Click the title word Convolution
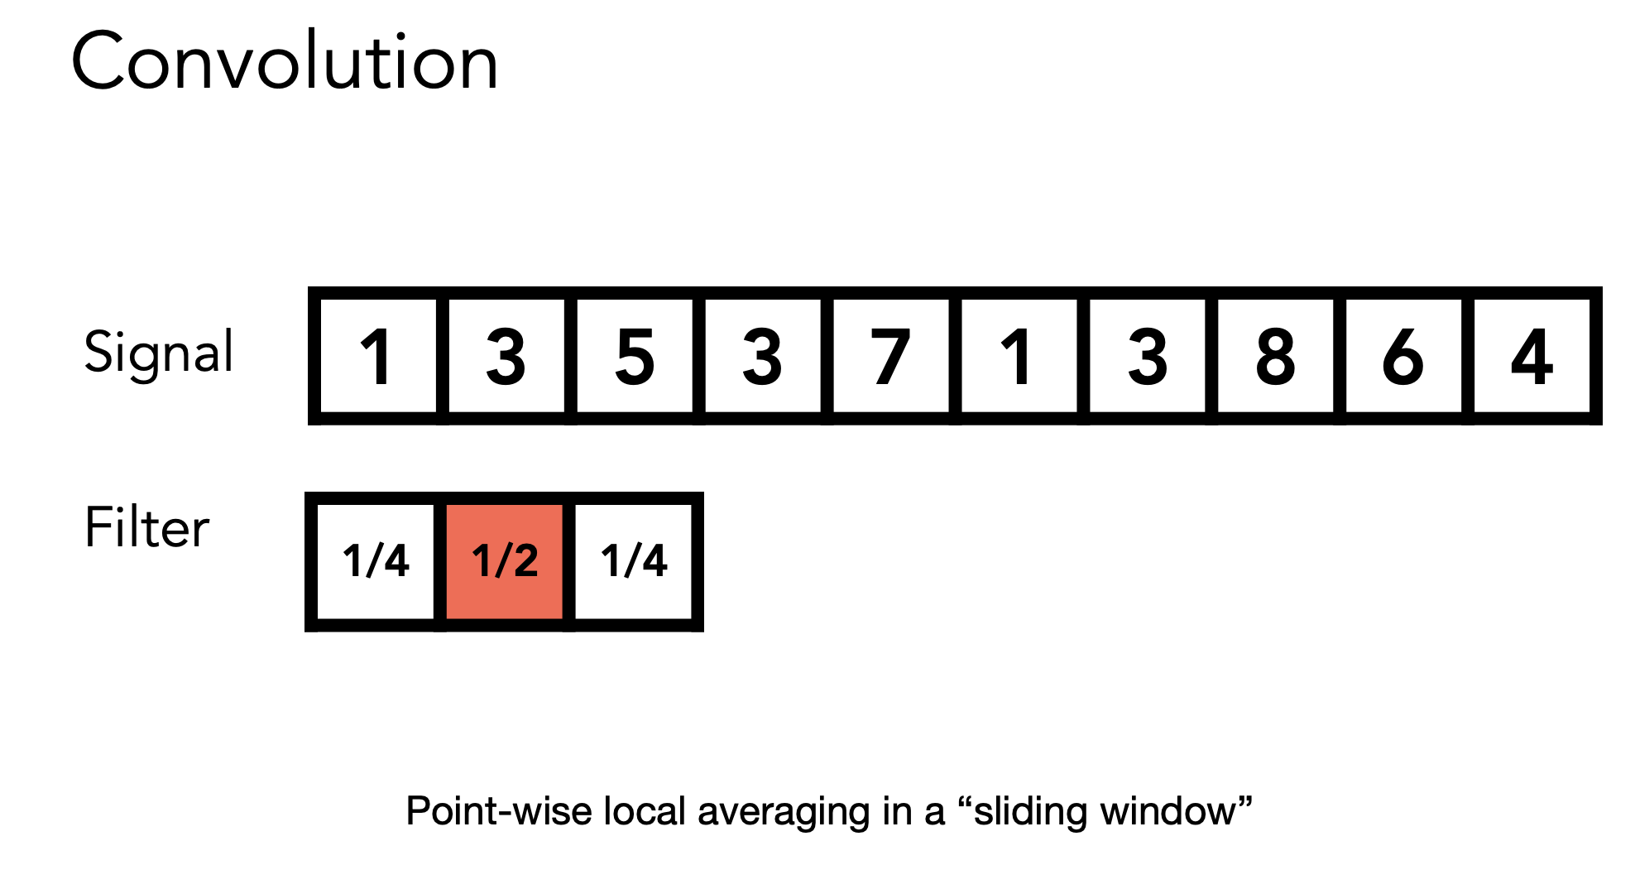pos(285,61)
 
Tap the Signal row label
pos(159,353)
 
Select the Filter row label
pos(147,527)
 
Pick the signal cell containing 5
pos(635,356)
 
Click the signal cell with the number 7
pos(891,356)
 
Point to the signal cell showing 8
pos(1275,356)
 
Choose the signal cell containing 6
pos(1403,356)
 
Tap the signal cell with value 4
pos(1532,356)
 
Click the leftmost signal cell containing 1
pos(377,356)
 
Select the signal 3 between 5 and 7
pos(762,356)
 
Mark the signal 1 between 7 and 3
pos(1019,356)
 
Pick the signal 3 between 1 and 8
pos(1148,356)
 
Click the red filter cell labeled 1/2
pos(505,561)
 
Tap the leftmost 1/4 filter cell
pos(376,561)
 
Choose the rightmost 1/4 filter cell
pos(634,561)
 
